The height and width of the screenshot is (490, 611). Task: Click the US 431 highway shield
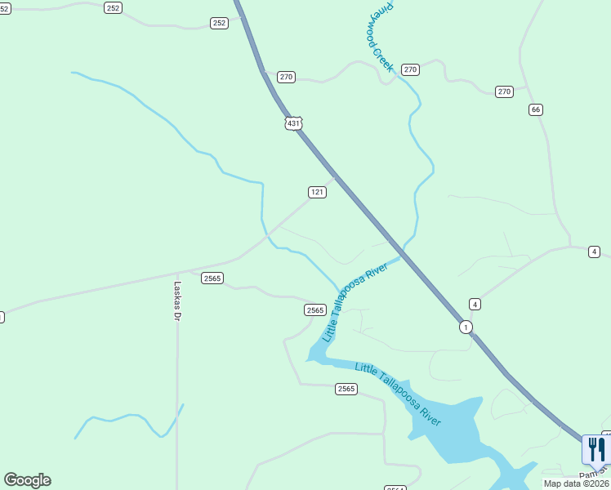294,123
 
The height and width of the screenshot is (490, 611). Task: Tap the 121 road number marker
317,192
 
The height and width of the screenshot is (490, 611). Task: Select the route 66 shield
536,109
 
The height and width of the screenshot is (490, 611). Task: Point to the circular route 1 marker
466,327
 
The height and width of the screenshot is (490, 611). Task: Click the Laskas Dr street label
177,301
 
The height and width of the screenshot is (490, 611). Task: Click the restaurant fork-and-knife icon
596,449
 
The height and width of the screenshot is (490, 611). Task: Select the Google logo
27,480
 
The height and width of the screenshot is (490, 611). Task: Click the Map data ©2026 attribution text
577,483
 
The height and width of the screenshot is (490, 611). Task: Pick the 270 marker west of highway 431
285,77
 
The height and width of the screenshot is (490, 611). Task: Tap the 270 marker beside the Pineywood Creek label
410,69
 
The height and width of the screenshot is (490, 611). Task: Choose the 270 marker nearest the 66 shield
504,91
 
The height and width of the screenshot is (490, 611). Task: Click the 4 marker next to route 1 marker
475,304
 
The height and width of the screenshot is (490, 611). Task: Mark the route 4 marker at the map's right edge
594,252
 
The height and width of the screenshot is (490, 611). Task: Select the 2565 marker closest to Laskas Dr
212,278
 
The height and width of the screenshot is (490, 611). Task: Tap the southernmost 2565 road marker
346,389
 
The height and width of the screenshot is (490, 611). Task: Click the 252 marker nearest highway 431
219,23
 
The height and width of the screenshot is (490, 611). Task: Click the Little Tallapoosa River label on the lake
398,395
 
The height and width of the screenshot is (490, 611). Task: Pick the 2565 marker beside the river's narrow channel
315,310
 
